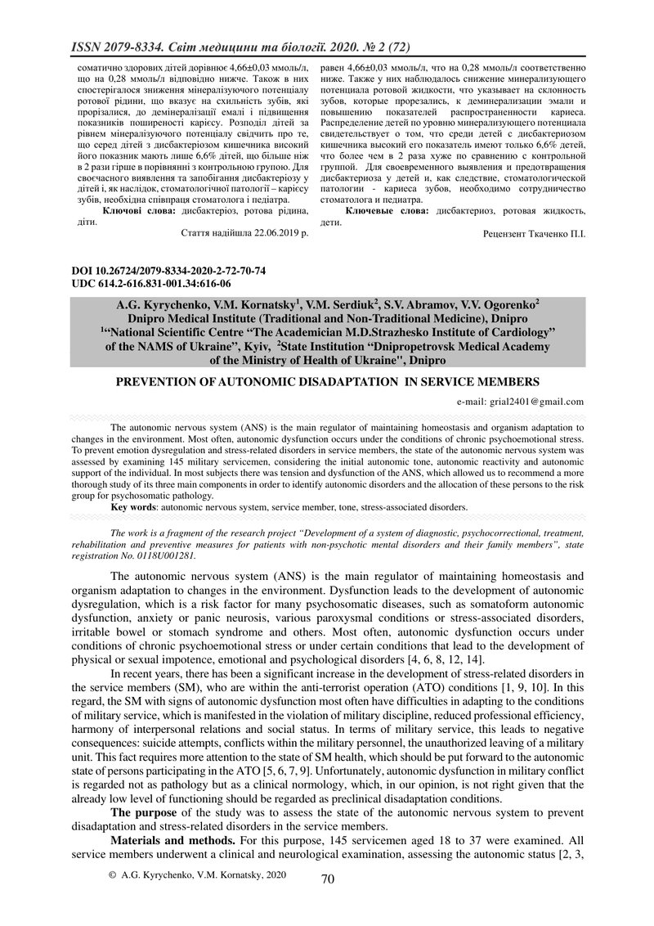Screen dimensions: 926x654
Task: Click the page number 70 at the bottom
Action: (x=328, y=880)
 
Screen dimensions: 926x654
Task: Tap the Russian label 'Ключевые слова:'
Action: (x=387, y=212)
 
